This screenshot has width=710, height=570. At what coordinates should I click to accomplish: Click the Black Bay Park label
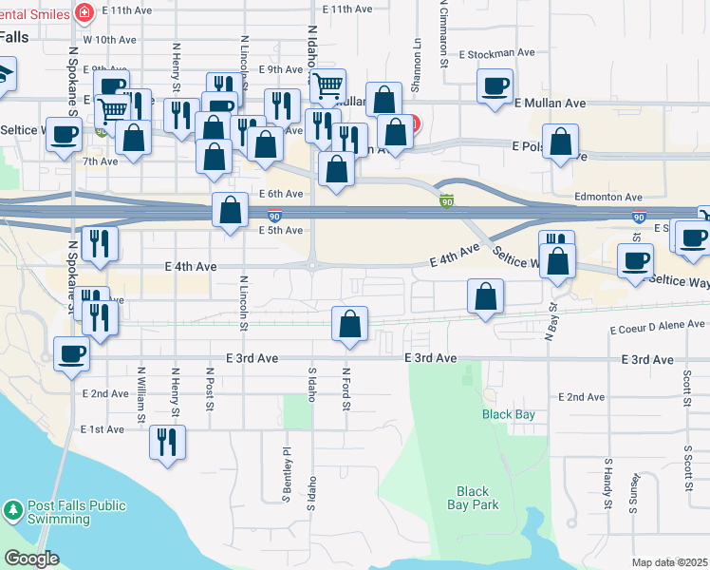pos(473,498)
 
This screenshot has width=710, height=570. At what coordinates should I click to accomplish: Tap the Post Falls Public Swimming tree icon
pos(13,512)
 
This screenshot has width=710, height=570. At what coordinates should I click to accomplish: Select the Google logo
pos(31,558)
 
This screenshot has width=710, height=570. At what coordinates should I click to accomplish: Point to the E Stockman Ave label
pos(498,54)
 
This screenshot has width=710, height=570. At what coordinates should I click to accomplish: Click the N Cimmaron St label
pos(443,33)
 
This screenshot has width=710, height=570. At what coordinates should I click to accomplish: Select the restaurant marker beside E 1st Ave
pos(167,441)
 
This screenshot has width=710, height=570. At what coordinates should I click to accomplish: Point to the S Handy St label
pos(608,482)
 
